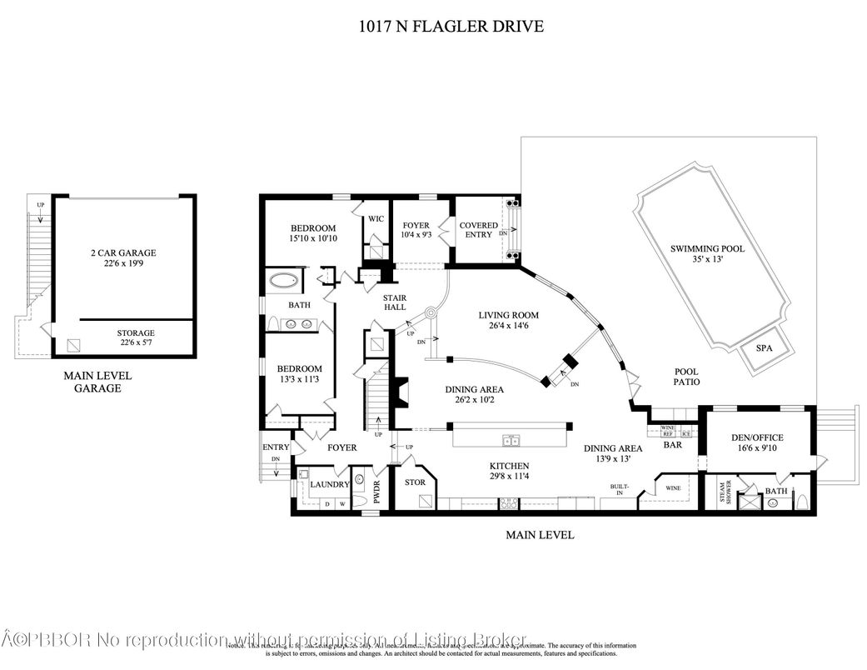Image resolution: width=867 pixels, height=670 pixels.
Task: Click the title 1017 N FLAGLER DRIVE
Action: point(449,27)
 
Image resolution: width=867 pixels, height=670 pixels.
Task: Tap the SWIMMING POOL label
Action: point(707,248)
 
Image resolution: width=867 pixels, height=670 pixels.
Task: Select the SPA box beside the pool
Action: point(764,349)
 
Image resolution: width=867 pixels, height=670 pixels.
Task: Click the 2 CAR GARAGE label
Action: point(123,252)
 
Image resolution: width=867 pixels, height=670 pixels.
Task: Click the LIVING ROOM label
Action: point(508,315)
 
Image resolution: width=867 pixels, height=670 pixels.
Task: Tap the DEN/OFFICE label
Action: point(757,437)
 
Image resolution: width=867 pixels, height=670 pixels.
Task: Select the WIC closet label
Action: point(375,218)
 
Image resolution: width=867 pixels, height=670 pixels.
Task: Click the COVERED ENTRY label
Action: point(479,230)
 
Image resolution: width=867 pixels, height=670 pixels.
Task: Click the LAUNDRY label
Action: point(329,484)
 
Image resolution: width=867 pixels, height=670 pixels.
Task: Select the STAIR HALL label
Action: point(394,302)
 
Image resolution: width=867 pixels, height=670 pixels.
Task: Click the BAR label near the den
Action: point(672,446)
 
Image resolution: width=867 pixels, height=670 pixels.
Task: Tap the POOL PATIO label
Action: point(686,377)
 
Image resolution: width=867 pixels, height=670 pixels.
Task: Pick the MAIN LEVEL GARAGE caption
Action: point(97,382)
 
